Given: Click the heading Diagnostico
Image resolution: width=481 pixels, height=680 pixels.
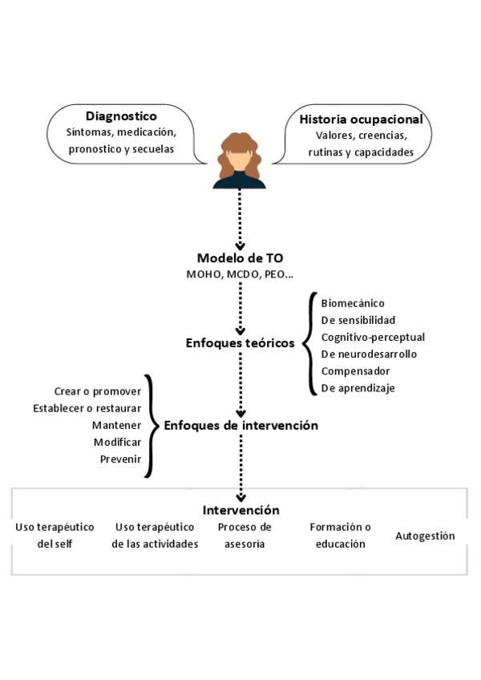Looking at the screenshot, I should click(121, 115).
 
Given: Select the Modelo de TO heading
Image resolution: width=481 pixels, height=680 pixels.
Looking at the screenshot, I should click(240, 258).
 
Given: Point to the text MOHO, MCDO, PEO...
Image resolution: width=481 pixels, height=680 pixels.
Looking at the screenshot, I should click(240, 275).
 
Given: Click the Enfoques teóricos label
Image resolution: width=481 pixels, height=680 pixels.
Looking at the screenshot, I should click(240, 343).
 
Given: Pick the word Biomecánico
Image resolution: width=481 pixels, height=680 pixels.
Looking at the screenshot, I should click(353, 303).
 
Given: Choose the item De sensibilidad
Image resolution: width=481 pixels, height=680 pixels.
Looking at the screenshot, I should click(358, 320).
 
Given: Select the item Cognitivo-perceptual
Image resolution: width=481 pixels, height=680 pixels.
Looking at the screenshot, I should click(373, 337).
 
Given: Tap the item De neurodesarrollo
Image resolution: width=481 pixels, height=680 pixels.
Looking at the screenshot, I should click(369, 354).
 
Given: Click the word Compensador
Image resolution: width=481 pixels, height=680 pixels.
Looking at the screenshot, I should click(355, 370).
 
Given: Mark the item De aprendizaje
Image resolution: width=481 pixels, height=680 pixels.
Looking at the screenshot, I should click(358, 388).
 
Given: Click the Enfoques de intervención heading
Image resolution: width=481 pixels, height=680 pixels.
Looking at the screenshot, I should click(240, 425).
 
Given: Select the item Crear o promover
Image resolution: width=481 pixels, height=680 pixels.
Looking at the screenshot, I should click(98, 391).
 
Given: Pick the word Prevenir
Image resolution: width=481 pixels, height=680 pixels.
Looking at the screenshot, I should click(120, 459).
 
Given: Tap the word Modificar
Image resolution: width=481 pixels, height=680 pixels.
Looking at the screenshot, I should click(117, 442).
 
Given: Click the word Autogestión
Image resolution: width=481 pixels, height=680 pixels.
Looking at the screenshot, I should click(425, 536).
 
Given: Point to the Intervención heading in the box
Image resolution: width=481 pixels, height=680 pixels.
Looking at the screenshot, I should click(240, 510).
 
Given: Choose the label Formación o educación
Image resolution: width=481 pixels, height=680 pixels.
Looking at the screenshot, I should click(340, 535).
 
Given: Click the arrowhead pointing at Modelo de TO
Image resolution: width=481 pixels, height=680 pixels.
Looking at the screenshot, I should click(240, 246).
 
